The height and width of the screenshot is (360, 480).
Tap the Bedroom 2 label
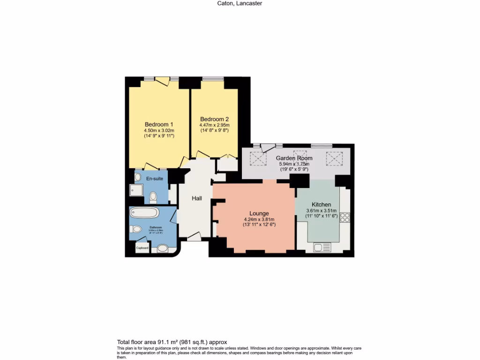pos(214,119)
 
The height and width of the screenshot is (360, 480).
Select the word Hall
pos(197,199)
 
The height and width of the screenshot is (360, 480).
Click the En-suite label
pos(154,179)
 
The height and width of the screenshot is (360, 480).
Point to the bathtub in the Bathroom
pos(144,212)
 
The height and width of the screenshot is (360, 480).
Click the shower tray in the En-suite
pos(136,190)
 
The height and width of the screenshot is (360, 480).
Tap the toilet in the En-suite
pos(153,196)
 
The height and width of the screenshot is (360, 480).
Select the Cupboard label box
pos(142,247)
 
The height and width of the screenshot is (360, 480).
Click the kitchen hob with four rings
pos(345,217)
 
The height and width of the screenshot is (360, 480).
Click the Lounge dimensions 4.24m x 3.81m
pos(259,219)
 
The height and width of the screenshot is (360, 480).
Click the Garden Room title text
pos(294,158)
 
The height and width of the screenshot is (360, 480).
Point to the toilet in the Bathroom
pos(136,229)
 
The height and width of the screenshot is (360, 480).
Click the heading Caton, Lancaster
pos(240,3)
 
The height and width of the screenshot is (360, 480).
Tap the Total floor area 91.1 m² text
pos(172,342)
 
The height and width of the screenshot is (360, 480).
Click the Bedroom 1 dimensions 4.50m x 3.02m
pos(159,130)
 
